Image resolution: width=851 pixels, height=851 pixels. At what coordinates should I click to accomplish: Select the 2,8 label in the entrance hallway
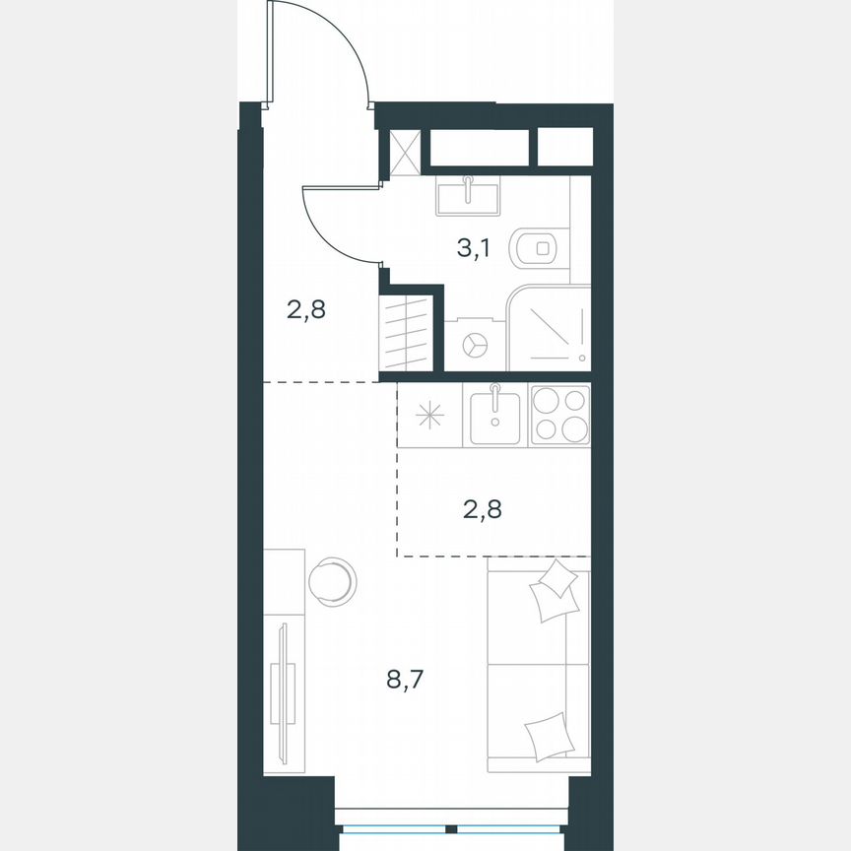click(x=306, y=311)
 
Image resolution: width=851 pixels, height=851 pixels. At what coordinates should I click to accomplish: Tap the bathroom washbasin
click(x=468, y=195)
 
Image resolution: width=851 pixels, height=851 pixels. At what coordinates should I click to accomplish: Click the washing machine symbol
click(x=475, y=345)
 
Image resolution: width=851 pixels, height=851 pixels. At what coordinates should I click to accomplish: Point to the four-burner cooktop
click(x=559, y=415)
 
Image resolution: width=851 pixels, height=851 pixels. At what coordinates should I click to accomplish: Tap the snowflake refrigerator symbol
click(x=429, y=415)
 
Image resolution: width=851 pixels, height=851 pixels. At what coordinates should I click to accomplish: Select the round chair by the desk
click(x=332, y=580)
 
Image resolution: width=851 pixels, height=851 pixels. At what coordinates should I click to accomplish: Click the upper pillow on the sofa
click(x=554, y=591)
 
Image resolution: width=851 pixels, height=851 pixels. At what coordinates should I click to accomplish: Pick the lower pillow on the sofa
click(x=549, y=734)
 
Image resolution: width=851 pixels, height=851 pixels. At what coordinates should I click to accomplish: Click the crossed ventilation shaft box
click(x=405, y=152)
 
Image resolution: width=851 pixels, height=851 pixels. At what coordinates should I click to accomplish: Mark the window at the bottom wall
click(x=452, y=828)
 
